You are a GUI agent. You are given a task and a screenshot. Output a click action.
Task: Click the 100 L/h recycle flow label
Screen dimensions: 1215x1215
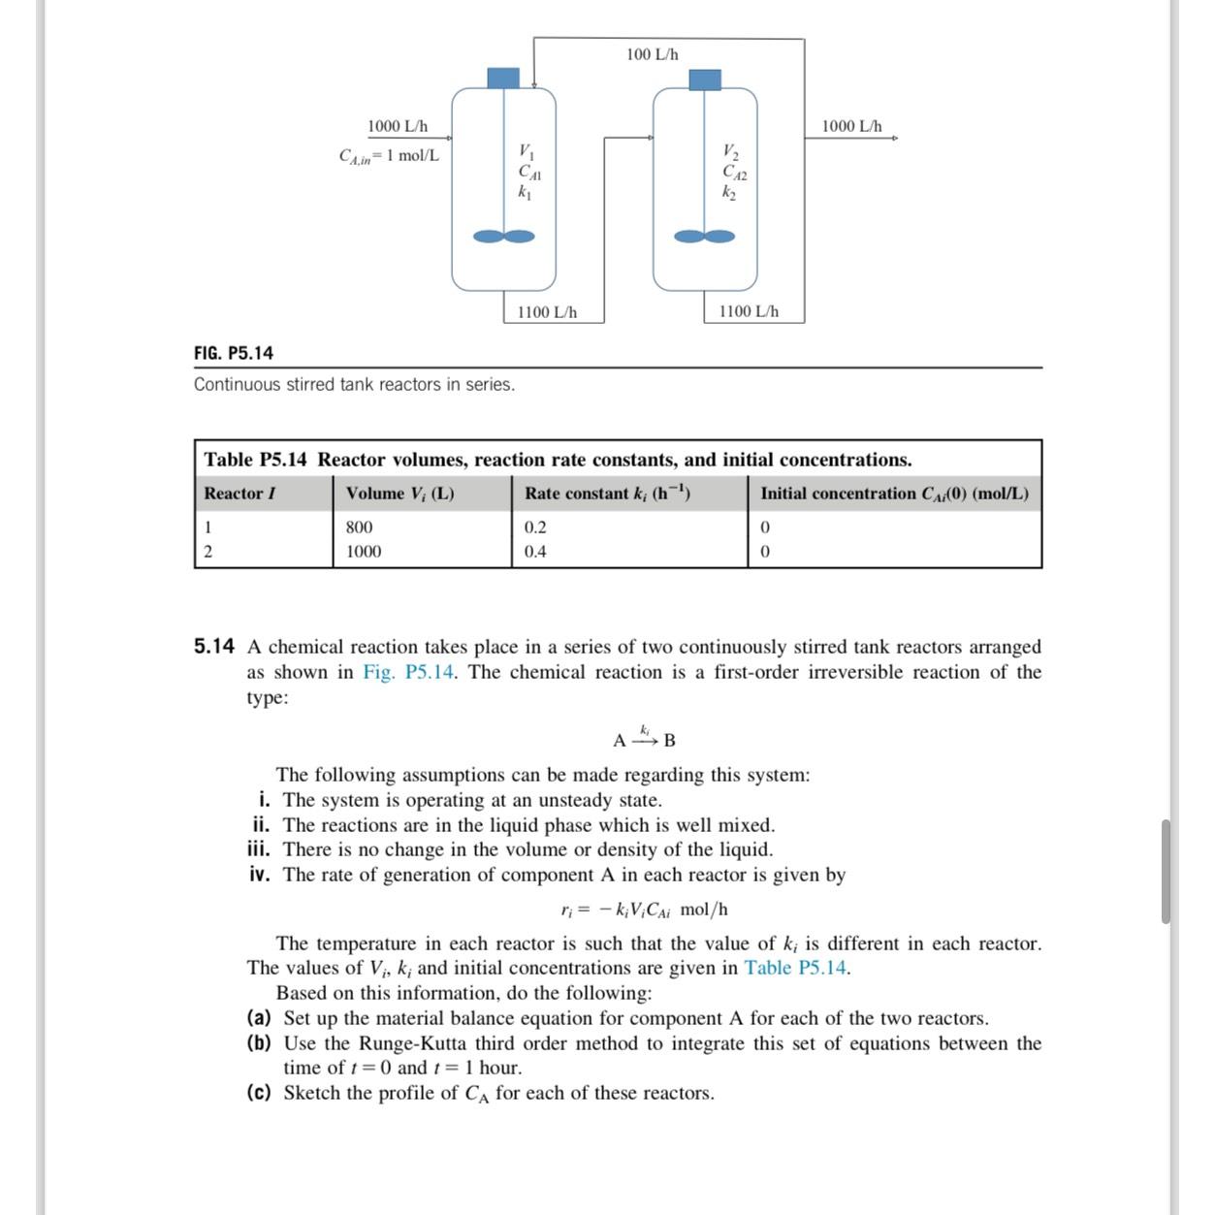[x=652, y=54]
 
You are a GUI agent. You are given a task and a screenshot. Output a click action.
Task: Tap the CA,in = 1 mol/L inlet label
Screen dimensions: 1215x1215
[x=389, y=155]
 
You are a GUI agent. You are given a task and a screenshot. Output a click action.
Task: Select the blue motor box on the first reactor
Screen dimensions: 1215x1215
[x=502, y=78]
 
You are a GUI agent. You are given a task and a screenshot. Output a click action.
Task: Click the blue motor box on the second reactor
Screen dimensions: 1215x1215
[x=704, y=80]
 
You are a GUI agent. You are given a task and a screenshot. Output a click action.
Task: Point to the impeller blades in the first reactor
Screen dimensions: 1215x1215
[x=503, y=236]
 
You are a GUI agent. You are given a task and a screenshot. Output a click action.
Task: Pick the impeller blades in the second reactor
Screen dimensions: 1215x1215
[x=705, y=236]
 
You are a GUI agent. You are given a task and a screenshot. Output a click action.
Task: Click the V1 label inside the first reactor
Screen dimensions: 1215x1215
[x=526, y=151]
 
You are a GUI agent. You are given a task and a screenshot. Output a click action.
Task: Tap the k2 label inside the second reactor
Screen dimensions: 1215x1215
[x=729, y=192]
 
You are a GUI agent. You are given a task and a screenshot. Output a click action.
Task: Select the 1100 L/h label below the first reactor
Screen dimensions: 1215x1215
[x=547, y=312]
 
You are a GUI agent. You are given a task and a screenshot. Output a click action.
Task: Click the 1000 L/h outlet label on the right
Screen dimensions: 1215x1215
[x=851, y=126]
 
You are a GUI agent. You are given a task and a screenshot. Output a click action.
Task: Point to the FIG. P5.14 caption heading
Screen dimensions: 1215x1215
[x=234, y=353]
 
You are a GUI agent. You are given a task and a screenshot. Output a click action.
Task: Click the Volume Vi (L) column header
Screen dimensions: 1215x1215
[x=400, y=494]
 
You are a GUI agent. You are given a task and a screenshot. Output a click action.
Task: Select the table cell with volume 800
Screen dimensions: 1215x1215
[x=359, y=528]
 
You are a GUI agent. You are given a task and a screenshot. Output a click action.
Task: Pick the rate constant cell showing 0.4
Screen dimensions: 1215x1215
[x=535, y=552]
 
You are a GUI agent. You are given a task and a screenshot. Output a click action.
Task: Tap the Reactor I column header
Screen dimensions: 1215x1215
[x=240, y=494]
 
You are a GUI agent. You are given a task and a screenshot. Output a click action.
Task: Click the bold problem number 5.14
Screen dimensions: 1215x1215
[x=213, y=647]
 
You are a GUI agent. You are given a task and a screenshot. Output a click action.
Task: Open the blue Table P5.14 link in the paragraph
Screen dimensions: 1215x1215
[x=796, y=968]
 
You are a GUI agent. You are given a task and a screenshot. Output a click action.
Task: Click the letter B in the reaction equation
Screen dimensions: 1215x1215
[x=670, y=741]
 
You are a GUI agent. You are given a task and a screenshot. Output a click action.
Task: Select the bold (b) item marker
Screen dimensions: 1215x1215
[x=258, y=1043]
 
